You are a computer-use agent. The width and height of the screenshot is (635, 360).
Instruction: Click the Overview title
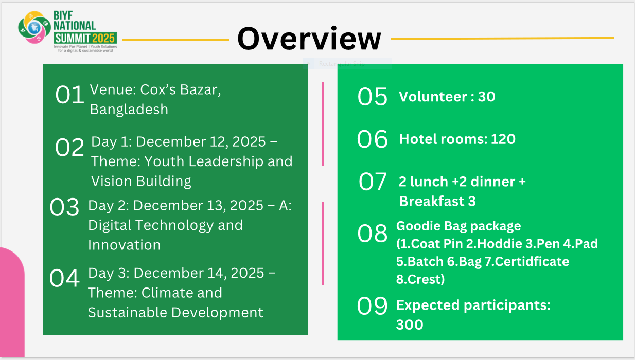(309, 39)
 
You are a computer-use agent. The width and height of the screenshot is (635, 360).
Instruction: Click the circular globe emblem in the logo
(34, 27)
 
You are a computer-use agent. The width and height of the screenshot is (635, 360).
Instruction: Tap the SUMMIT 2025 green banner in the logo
(85, 38)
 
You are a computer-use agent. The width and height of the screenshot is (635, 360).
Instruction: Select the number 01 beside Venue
(69, 95)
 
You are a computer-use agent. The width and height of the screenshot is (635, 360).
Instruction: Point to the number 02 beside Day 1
(69, 147)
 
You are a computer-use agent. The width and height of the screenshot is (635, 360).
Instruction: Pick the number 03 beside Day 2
(64, 207)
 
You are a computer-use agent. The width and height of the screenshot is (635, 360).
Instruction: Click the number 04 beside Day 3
(64, 278)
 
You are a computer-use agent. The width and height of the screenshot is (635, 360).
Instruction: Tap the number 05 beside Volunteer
(372, 97)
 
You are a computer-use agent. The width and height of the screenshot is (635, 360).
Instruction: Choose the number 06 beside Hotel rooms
(372, 139)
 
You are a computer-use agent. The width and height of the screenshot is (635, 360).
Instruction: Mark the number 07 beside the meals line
(373, 182)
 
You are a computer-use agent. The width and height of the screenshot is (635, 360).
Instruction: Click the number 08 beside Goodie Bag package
(372, 233)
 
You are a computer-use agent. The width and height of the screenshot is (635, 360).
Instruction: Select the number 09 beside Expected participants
(372, 306)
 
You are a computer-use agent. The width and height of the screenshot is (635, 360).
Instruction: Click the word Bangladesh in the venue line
(129, 110)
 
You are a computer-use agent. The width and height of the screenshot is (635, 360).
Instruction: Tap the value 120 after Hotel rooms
(503, 139)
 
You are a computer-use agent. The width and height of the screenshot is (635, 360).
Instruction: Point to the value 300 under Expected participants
(410, 325)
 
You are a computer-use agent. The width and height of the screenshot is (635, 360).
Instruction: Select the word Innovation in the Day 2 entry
(125, 245)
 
